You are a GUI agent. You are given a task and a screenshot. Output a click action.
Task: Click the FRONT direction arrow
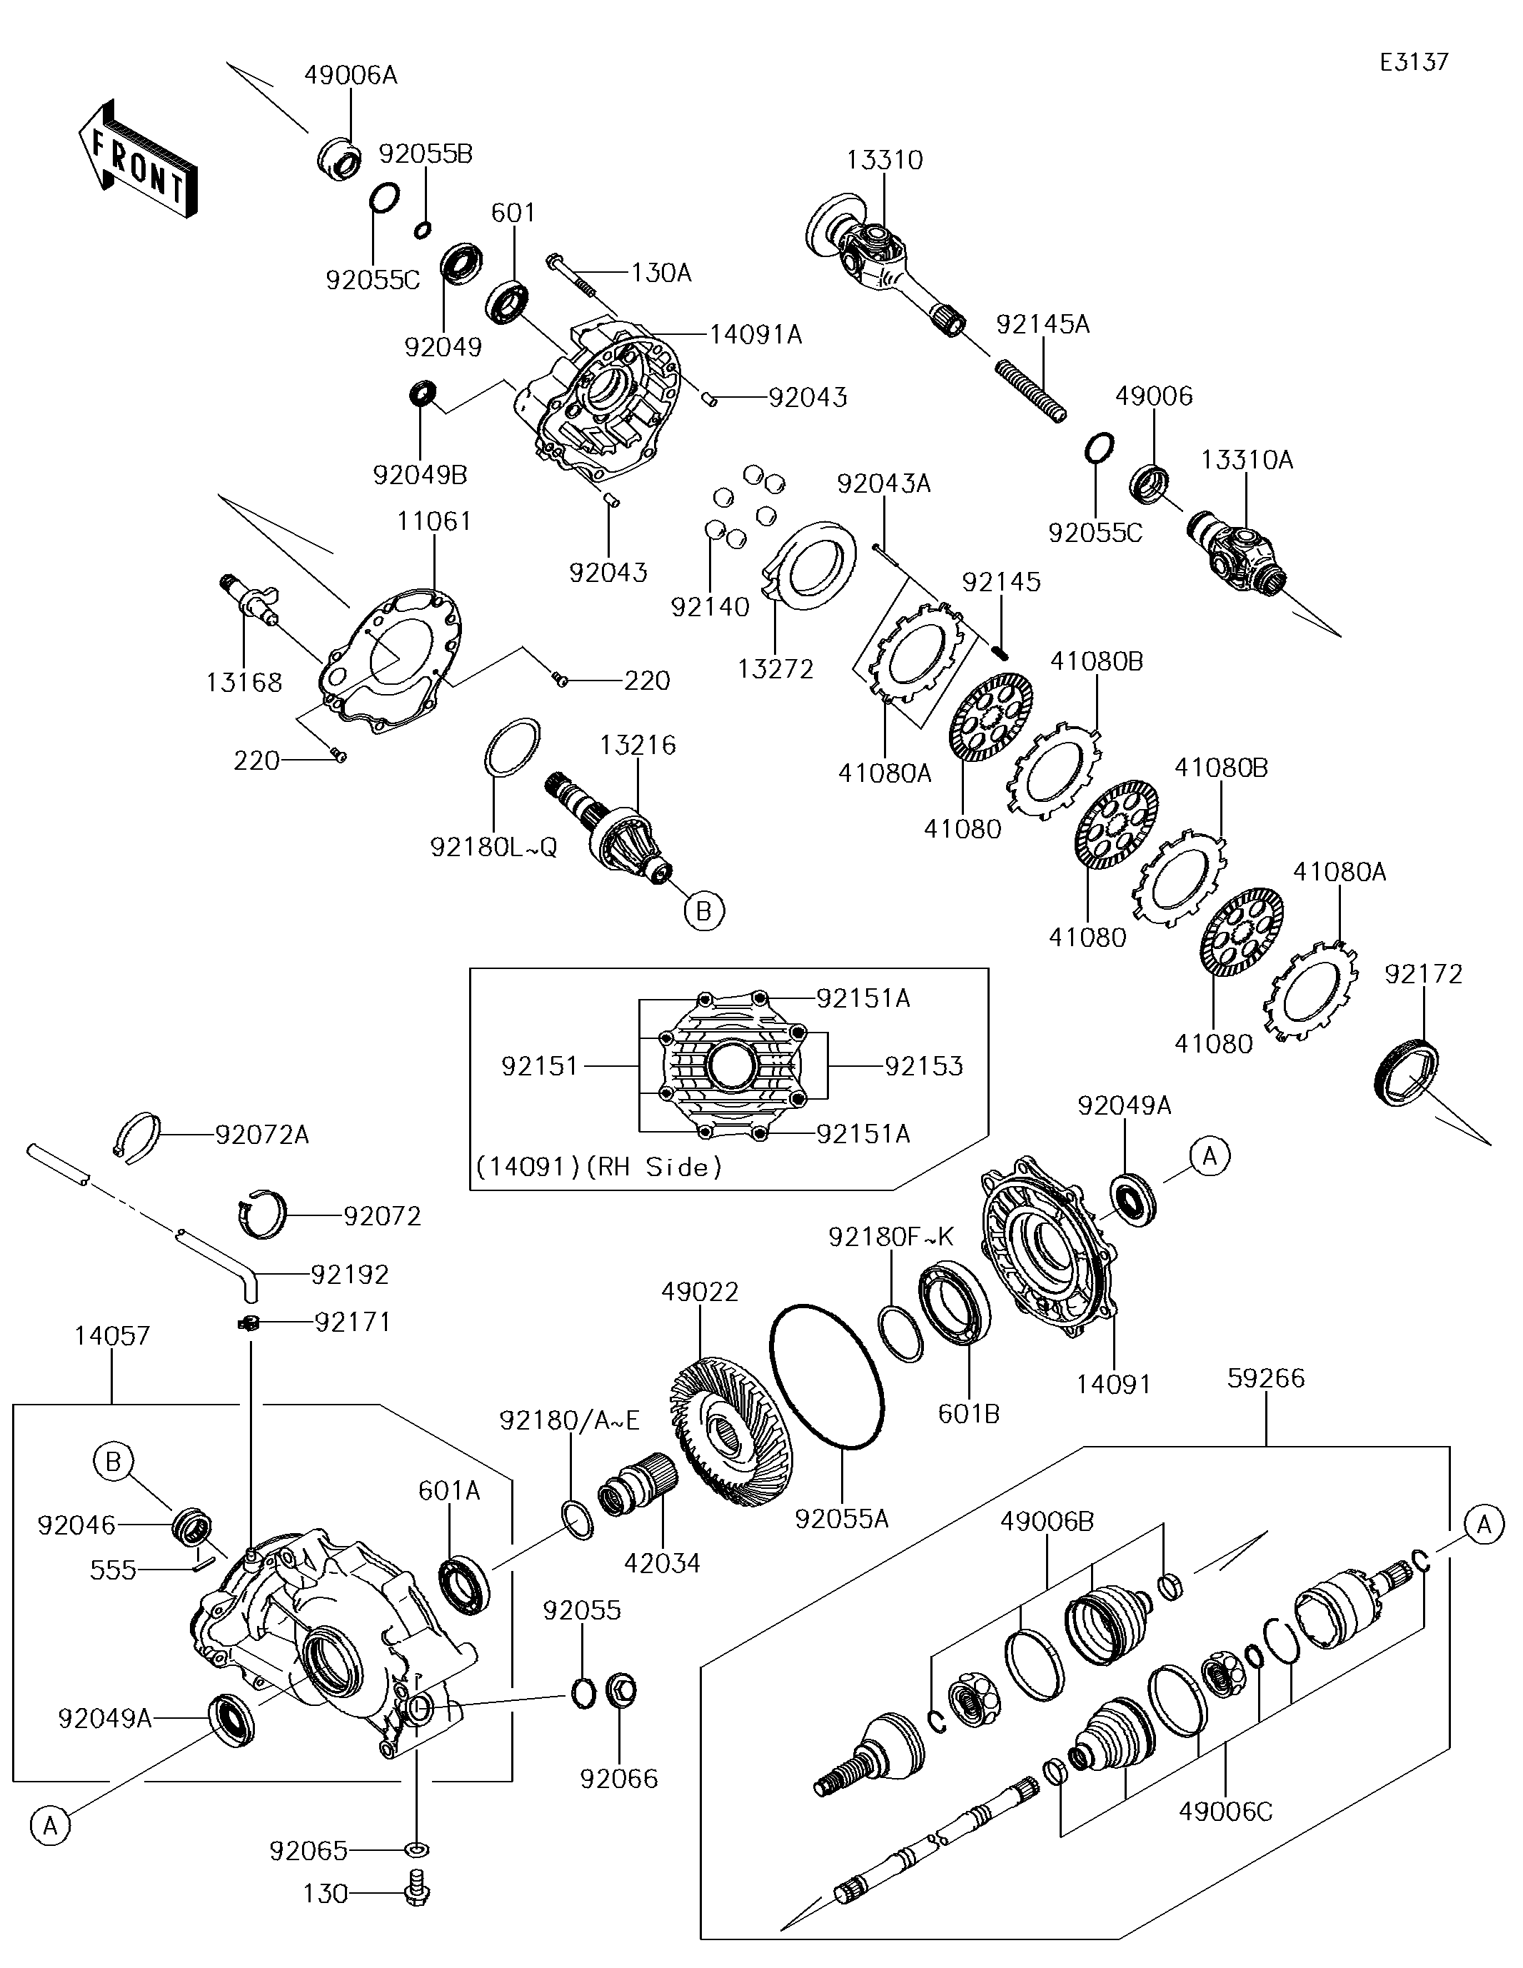137,159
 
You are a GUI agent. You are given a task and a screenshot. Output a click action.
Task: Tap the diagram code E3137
1414,62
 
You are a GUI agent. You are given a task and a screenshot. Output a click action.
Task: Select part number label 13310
884,161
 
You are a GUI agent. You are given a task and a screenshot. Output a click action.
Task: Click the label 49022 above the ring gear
699,1292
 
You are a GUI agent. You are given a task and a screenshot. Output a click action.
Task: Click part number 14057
112,1335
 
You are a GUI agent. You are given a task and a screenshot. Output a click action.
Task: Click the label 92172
1423,974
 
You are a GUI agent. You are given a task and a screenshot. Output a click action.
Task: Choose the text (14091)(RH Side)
599,1167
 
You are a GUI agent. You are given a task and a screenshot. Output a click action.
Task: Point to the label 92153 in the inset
924,1066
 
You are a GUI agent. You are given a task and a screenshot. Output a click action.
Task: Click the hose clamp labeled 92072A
140,1138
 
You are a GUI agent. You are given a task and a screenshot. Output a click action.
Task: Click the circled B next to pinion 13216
703,911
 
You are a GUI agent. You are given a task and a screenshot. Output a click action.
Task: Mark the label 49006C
1225,1811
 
